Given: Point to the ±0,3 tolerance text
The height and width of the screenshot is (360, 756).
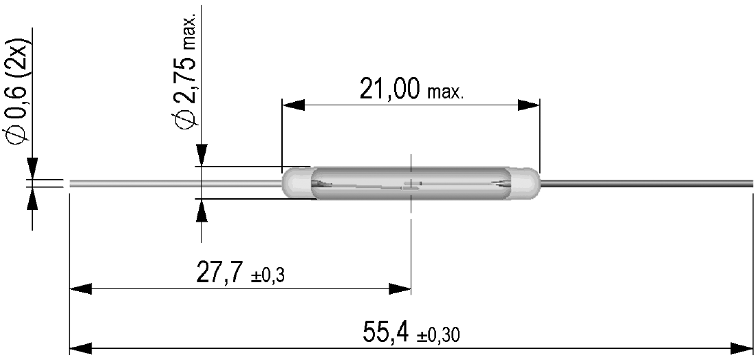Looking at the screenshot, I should (268, 277).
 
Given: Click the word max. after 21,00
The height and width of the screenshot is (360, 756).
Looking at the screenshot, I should (446, 92).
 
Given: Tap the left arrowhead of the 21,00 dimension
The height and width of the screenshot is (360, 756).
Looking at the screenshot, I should (293, 105).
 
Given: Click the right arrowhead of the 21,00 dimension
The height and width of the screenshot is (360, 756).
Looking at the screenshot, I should (529, 105).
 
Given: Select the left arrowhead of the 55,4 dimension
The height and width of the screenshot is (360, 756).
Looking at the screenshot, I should (80, 346).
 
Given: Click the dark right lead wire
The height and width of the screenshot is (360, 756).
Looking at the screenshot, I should (647, 183).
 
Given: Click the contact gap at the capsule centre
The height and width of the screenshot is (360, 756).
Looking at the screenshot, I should (411, 184).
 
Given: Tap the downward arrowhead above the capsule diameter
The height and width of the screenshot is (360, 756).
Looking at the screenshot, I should (201, 155).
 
